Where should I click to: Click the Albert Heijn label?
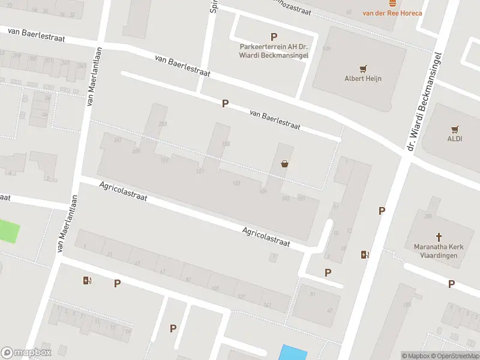tap(362, 78)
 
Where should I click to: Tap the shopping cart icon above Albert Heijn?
tap(362, 68)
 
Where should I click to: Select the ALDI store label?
tap(454, 139)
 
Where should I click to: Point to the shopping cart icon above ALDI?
tap(454, 129)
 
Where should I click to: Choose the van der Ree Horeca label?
tap(392, 13)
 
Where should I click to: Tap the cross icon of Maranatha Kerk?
tap(438, 237)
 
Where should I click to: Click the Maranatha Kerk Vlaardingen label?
tap(436, 251)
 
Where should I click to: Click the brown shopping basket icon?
tap(284, 163)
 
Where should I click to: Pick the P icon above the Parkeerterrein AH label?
tap(274, 37)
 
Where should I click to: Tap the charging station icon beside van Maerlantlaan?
tap(88, 280)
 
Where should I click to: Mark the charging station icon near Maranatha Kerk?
tap(365, 254)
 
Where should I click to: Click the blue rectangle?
tap(293, 352)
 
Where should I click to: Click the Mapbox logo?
tap(26, 353)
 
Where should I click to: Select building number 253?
tap(162, 124)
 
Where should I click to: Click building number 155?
tap(226, 143)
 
